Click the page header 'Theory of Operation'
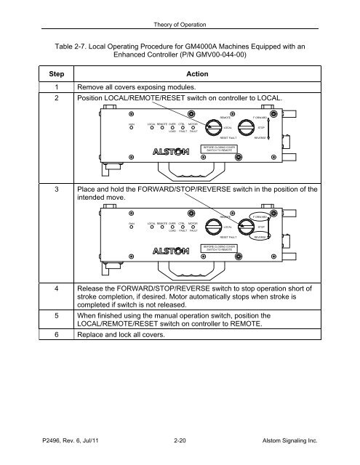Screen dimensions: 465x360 [x=180, y=8]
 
